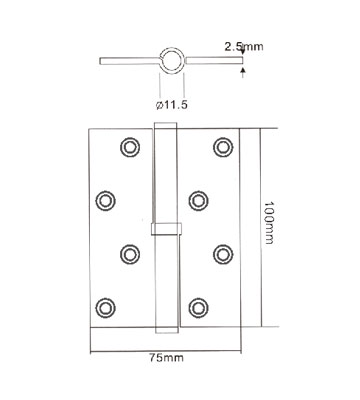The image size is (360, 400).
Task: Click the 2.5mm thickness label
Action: pyautogui.click(x=244, y=46)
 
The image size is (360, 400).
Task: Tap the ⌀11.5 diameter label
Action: pyautogui.click(x=172, y=105)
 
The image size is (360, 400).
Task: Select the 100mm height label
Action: pyautogui.click(x=269, y=222)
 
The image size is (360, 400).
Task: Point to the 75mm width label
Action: pyautogui.click(x=166, y=358)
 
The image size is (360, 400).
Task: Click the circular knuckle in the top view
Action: pyautogui.click(x=172, y=49)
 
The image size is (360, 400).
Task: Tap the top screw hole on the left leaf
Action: pyautogui.click(x=130, y=147)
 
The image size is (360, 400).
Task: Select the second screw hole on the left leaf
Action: pyautogui.click(x=105, y=201)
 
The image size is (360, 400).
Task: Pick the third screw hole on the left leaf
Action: pyautogui.click(x=130, y=254)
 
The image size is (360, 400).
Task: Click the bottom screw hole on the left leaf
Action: pyautogui.click(x=105, y=308)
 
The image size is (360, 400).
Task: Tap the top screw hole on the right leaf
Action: pyautogui.click(x=223, y=147)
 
